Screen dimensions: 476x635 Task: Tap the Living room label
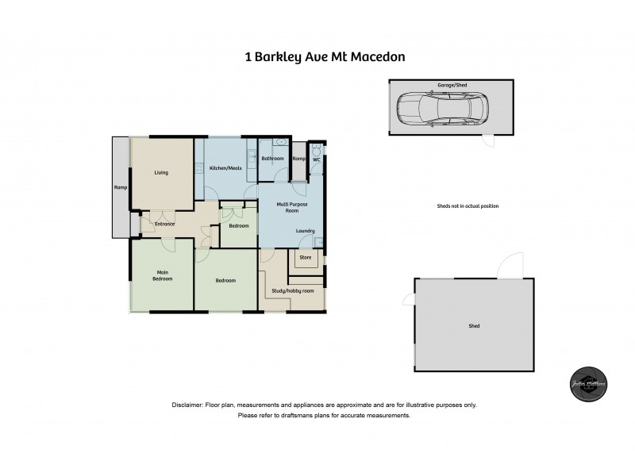point(161,172)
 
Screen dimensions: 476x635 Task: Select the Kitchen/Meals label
point(225,168)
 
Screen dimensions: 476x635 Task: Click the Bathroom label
point(272,159)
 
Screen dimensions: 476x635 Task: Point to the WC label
point(316,159)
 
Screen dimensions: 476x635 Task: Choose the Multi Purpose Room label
point(287,208)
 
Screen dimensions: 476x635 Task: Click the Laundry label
point(305,231)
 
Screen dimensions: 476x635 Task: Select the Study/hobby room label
point(293,290)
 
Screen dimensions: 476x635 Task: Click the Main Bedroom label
point(162,274)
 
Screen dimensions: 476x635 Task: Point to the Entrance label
point(158,224)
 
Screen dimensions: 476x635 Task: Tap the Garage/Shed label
point(451,83)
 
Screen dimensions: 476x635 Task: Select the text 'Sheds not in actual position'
point(468,205)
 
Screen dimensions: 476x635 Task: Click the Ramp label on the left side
point(121,189)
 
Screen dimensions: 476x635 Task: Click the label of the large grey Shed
point(474,326)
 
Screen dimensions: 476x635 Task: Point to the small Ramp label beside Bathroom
point(298,159)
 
